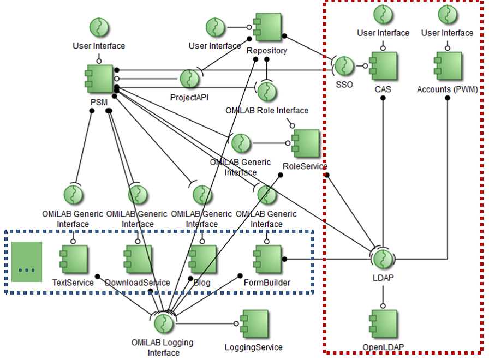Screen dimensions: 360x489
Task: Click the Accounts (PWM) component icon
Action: coord(448,66)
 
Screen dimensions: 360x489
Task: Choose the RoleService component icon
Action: coord(306,144)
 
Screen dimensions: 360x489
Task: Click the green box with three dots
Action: coord(27,262)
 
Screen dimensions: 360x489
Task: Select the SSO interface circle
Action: coord(344,66)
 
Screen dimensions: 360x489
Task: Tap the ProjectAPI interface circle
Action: coord(189,79)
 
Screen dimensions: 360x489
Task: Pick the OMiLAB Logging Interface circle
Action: coord(162,324)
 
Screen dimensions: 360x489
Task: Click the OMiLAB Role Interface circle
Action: coord(266,92)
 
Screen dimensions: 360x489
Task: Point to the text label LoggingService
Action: coord(254,347)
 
